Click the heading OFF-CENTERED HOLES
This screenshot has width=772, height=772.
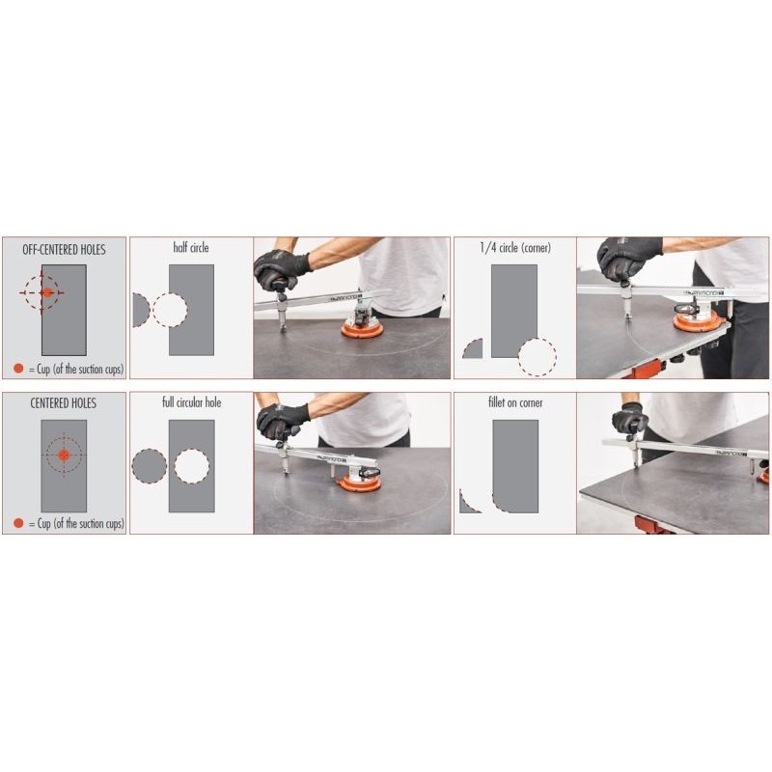[64, 249]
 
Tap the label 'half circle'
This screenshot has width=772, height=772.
[191, 248]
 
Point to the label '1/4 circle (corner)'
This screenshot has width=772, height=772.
[515, 248]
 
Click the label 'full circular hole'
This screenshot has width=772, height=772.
[191, 401]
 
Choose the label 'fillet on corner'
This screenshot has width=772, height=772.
[515, 401]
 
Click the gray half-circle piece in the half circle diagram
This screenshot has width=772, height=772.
[139, 311]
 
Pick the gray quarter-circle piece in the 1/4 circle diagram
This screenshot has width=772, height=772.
[474, 350]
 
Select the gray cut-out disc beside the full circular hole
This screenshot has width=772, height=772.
[149, 466]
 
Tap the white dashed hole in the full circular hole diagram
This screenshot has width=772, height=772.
[191, 466]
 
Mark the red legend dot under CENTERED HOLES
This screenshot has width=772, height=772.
[18, 523]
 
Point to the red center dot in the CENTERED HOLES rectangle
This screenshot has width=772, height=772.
[64, 455]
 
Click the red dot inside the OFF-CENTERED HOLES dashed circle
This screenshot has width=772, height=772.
[46, 291]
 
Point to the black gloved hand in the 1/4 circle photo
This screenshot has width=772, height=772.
[628, 257]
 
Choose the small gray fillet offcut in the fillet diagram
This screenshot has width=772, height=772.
[467, 503]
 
